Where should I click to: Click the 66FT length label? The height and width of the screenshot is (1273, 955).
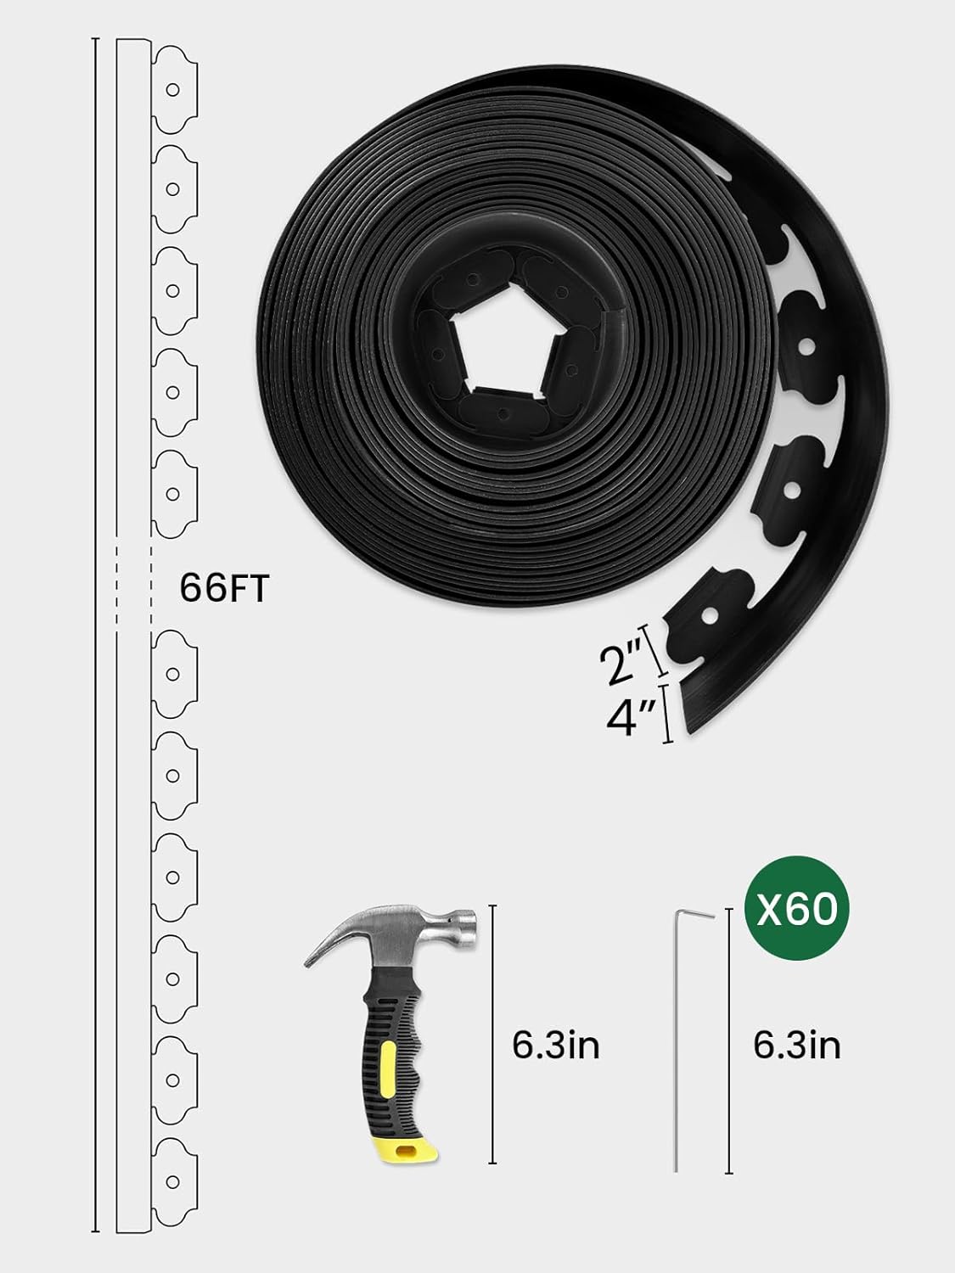click(x=224, y=588)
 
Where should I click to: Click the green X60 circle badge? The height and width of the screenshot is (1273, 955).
click(x=796, y=910)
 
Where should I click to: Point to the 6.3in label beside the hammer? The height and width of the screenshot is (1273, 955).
click(x=556, y=1044)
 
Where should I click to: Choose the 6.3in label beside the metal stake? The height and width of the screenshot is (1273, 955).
click(x=797, y=1044)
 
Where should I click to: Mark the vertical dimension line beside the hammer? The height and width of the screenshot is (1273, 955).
click(x=493, y=1033)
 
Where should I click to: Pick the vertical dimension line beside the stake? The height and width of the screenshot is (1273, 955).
click(x=729, y=1040)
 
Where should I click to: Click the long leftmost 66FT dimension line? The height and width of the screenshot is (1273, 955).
click(x=95, y=636)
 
